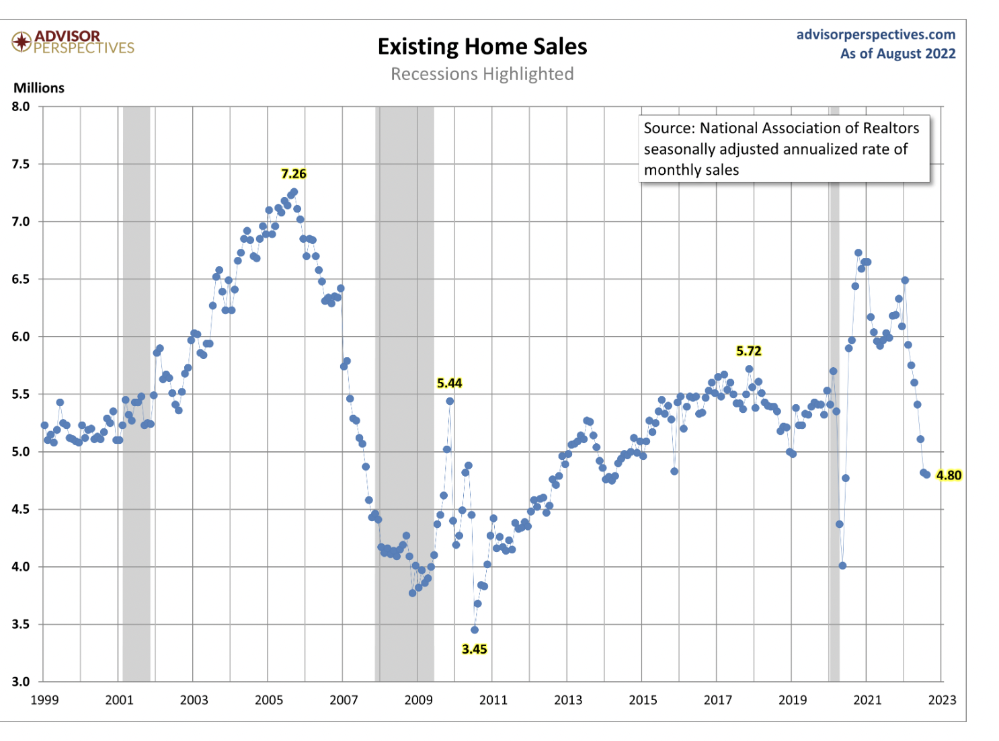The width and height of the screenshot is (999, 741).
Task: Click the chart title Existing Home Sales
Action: [x=482, y=46]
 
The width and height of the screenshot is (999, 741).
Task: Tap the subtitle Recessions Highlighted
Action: [x=482, y=74]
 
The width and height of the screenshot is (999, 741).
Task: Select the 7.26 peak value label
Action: [x=294, y=173]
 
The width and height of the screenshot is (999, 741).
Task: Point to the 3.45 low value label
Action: [x=474, y=649]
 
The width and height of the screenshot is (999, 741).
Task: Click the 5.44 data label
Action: [x=449, y=383]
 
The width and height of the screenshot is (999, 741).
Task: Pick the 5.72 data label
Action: [x=748, y=351]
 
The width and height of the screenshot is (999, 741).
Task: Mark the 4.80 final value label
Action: [x=949, y=475]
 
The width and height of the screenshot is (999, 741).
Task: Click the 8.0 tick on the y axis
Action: [x=21, y=106]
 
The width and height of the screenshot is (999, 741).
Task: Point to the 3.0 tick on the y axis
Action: [x=21, y=681]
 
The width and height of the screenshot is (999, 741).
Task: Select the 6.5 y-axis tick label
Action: [x=21, y=279]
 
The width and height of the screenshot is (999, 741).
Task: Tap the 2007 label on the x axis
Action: [x=344, y=700]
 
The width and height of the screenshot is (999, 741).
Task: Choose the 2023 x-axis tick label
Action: [x=942, y=700]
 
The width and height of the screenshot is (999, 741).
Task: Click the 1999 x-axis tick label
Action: [x=44, y=700]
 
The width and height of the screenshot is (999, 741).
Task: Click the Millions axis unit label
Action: [x=39, y=88]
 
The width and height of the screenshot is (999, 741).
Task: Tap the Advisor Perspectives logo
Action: [x=73, y=42]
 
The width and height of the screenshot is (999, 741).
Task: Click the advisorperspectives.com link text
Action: [x=875, y=34]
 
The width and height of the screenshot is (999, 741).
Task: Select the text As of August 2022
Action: [x=897, y=54]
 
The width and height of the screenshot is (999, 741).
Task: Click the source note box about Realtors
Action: [x=783, y=149]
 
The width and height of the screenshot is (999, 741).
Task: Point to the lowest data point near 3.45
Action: [x=475, y=630]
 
